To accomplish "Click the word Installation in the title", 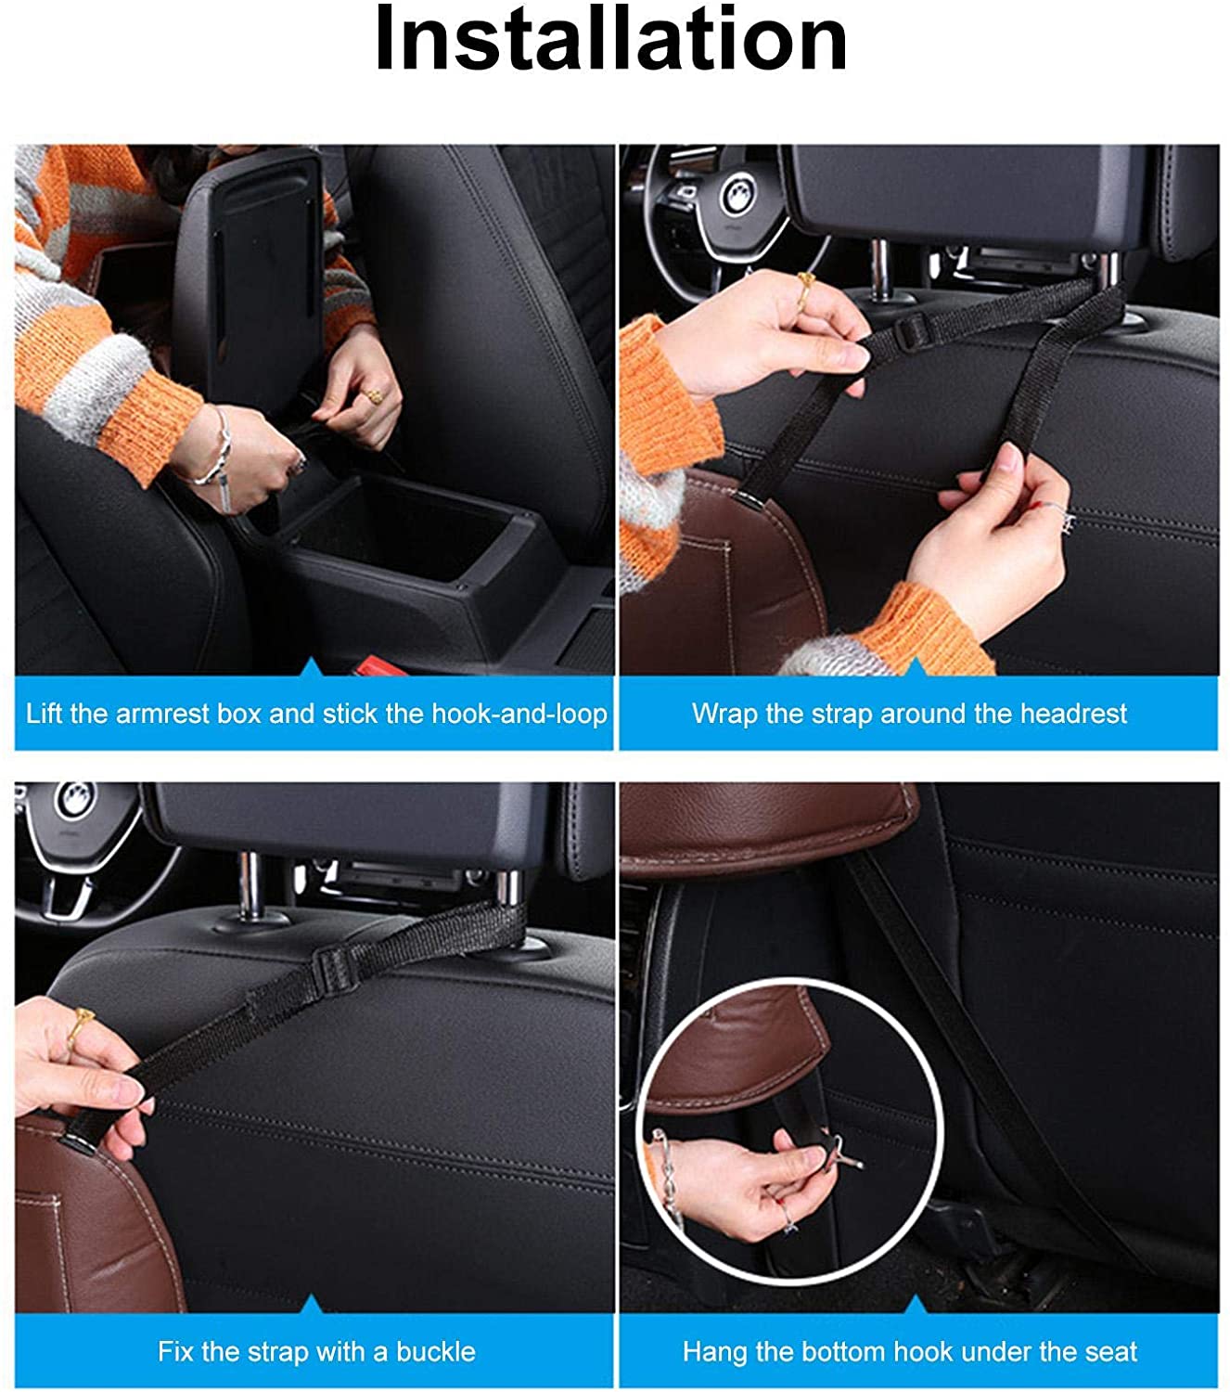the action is pos(610,38).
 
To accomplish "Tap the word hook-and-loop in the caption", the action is pos(519,715).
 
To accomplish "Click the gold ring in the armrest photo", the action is pos(373,395).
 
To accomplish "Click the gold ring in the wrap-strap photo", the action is pos(804,289).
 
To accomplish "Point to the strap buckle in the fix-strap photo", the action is pos(334,968).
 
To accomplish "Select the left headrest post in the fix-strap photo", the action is pos(251,885).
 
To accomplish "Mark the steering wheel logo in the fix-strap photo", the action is pos(74,801).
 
